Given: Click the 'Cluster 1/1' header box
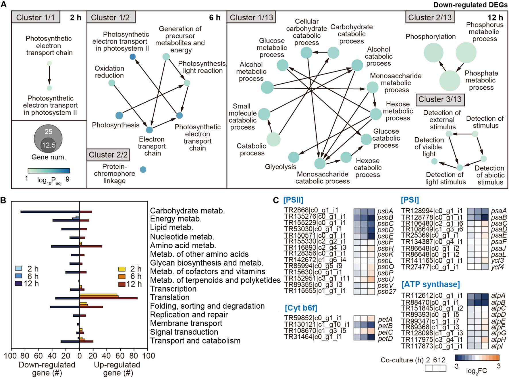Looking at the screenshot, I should click(x=36, y=17).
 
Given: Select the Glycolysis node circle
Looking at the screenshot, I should click(x=293, y=157).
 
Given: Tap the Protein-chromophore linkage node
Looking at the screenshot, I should click(x=143, y=170).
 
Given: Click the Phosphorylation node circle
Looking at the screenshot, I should click(x=433, y=53).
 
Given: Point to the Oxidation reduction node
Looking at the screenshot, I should click(x=112, y=83).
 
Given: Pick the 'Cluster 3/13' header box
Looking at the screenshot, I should click(x=440, y=99).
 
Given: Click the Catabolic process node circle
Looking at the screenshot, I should click(x=273, y=139).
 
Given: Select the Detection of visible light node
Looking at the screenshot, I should click(x=434, y=161).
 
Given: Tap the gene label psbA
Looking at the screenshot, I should click(x=385, y=211).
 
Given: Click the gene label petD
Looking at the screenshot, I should click(x=385, y=338).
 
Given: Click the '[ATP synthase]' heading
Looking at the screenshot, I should click(x=431, y=284).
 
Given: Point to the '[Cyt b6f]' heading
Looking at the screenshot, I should click(x=301, y=308).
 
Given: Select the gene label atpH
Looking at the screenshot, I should click(x=498, y=340).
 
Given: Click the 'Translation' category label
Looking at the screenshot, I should click(x=169, y=297).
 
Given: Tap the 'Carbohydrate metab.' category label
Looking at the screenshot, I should click(x=187, y=211).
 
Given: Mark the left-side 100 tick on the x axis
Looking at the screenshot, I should click(x=10, y=356).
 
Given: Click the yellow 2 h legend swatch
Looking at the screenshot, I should click(x=122, y=269).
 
